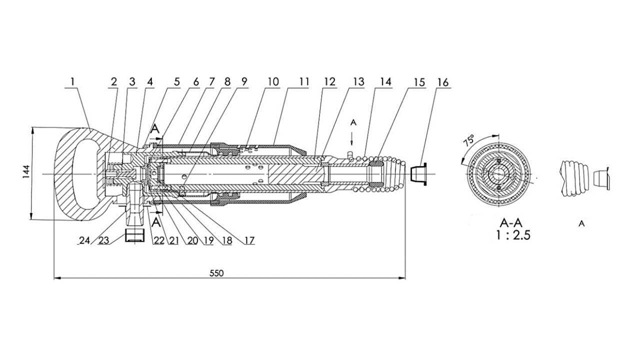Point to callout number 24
(x=85, y=240)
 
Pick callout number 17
(x=248, y=240)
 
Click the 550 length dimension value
(x=216, y=273)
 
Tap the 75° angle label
(x=469, y=140)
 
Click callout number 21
(x=173, y=240)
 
